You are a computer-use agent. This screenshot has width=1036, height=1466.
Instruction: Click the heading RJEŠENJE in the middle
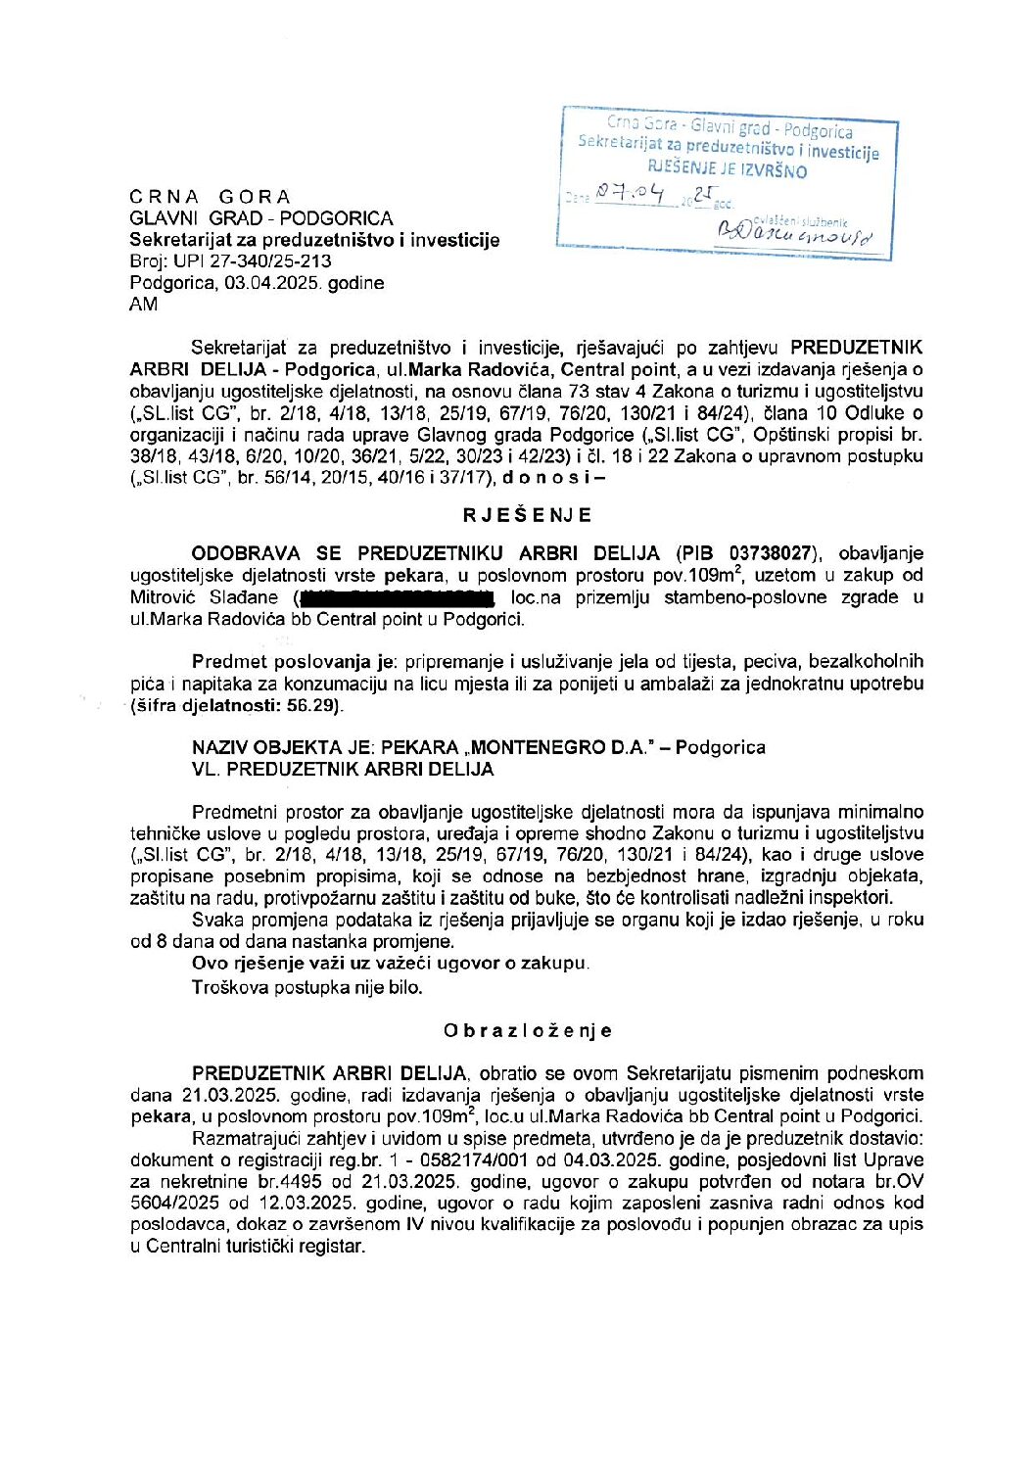click(x=527, y=515)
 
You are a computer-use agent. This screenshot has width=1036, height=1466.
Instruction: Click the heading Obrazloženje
click(x=527, y=1030)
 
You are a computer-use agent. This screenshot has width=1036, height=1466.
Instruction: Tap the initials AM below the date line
click(x=143, y=305)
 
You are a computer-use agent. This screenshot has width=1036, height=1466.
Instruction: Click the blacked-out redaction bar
click(x=396, y=596)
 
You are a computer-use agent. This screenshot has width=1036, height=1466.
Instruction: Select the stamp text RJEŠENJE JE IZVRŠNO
click(x=727, y=170)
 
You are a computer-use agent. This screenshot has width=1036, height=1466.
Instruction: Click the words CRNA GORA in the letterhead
click(x=211, y=197)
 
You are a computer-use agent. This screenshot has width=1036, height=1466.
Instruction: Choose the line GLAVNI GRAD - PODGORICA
click(x=261, y=218)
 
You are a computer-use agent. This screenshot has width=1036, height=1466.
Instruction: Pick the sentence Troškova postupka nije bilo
click(x=307, y=987)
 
